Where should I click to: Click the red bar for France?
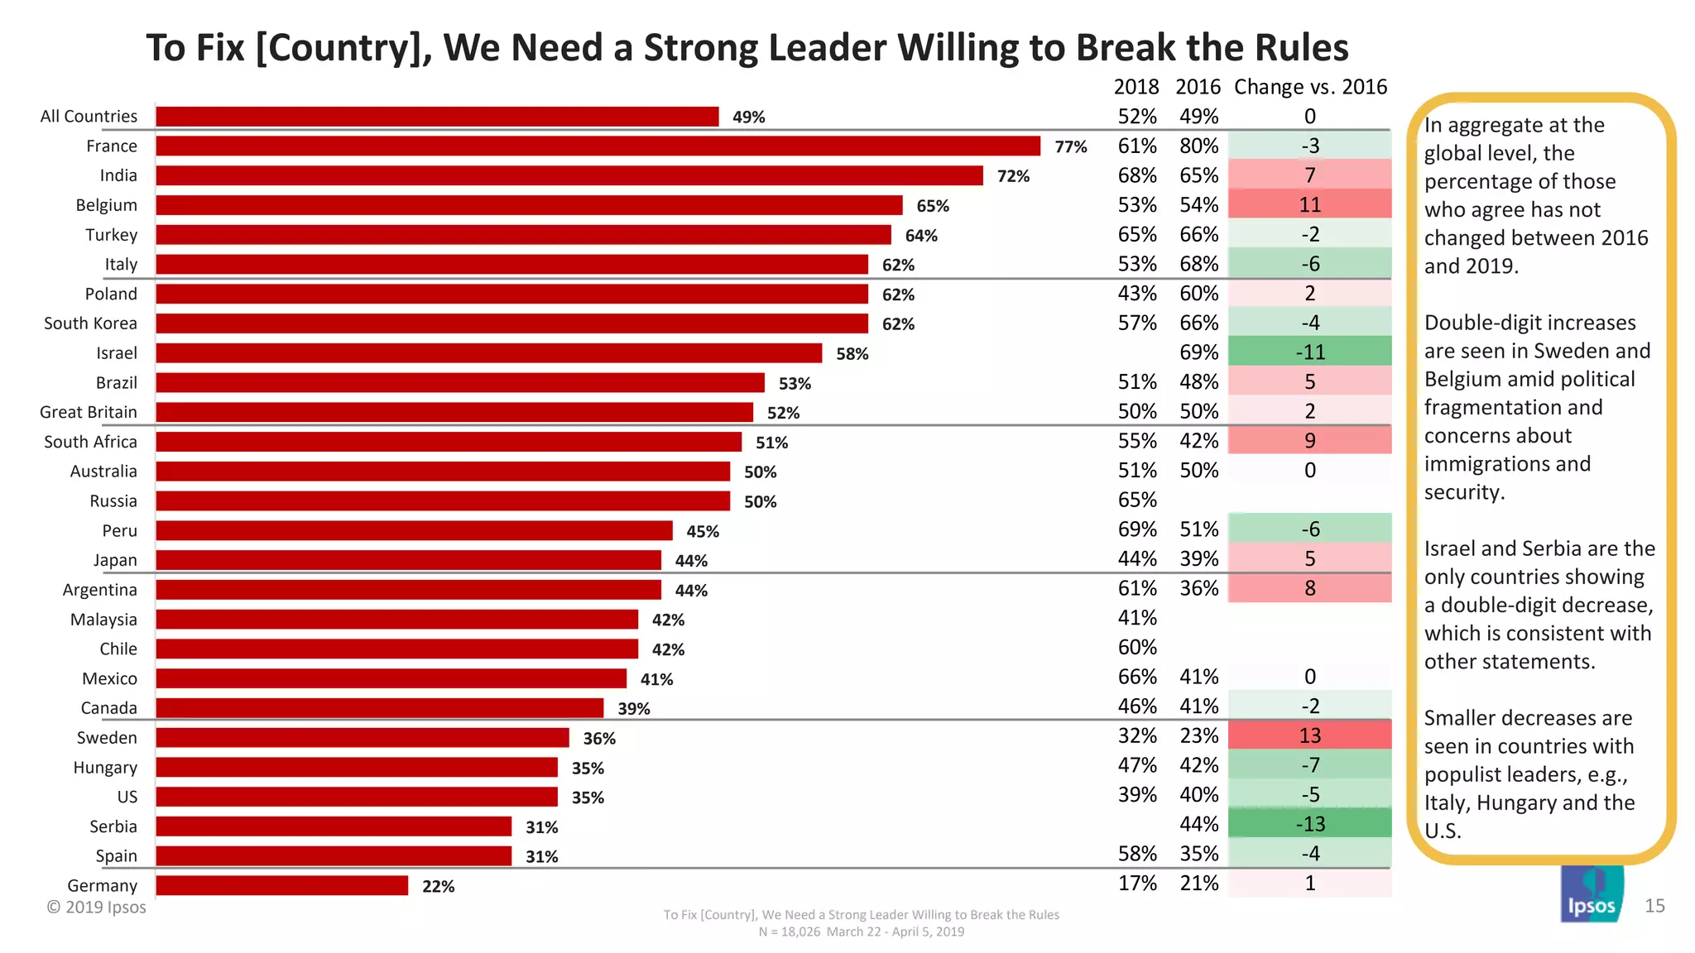[598, 146]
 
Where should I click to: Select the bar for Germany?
[282, 886]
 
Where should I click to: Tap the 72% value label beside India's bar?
[1013, 176]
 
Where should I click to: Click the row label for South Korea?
[90, 323]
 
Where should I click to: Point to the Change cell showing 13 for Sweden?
[1309, 735]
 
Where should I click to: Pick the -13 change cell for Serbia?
[1309, 824]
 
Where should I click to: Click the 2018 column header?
[1136, 87]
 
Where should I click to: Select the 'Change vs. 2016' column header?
[1310, 87]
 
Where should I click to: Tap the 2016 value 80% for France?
[1198, 146]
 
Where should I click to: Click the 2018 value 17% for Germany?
[1137, 884]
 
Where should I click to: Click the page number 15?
[1654, 906]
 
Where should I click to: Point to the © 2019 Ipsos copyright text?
[96, 908]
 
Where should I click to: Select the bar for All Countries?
[437, 117]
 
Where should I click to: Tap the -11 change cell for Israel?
[1309, 352]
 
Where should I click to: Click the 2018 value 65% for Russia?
[1137, 500]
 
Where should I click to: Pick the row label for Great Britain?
[88, 412]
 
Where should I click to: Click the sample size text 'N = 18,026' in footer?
[789, 932]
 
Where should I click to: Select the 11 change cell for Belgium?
[1309, 205]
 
